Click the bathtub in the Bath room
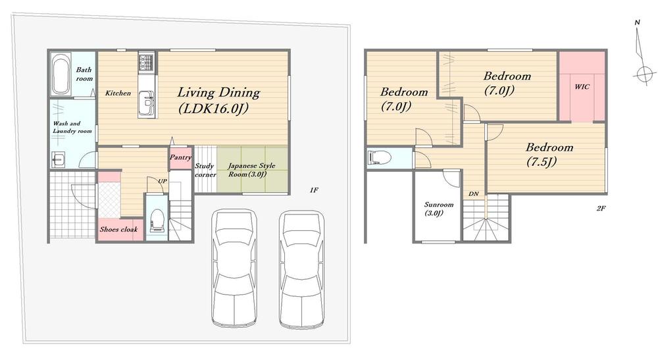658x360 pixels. tap(61, 74)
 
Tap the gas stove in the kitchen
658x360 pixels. tap(147, 62)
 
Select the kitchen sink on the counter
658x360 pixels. tap(147, 99)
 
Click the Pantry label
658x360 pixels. tap(180, 157)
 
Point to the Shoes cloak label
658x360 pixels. tap(118, 230)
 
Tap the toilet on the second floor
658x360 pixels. tap(379, 158)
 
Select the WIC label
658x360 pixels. tap(582, 87)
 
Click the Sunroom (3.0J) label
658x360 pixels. tap(438, 209)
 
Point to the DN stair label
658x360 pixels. tap(474, 194)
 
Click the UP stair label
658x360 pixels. tap(163, 181)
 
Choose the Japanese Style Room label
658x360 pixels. tap(251, 170)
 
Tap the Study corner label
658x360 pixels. tap(205, 170)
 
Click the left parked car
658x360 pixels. tap(234, 268)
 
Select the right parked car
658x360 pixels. tap(302, 269)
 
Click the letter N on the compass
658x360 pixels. tap(637, 22)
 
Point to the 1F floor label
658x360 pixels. tap(314, 190)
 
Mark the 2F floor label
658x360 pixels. tap(601, 208)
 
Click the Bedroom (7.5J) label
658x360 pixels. tap(549, 154)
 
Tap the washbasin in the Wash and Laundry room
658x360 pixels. tap(57, 159)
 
